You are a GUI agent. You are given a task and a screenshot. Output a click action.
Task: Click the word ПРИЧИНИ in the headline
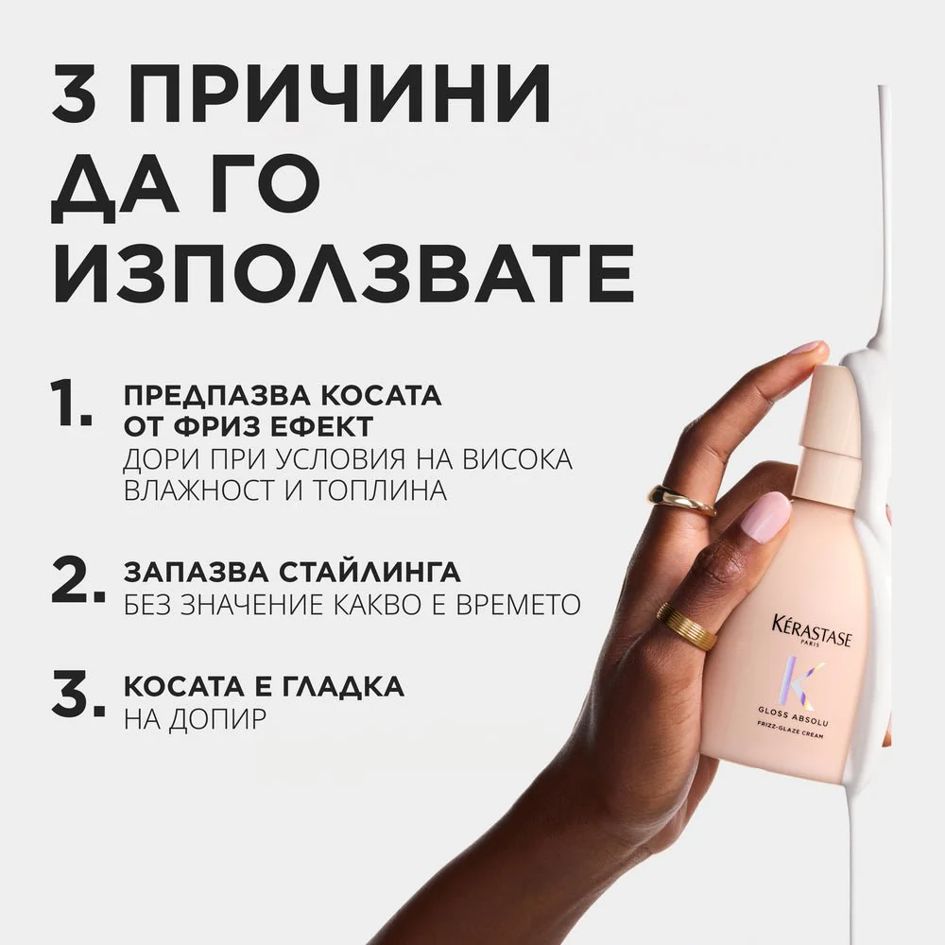tap(339, 93)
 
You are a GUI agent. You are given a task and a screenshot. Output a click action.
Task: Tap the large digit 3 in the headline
tap(74, 93)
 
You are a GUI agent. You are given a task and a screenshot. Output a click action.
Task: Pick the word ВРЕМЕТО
tap(518, 604)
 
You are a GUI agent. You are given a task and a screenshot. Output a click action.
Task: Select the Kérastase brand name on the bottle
tap(811, 630)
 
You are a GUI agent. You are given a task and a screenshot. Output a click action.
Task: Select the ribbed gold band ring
tap(687, 627)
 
